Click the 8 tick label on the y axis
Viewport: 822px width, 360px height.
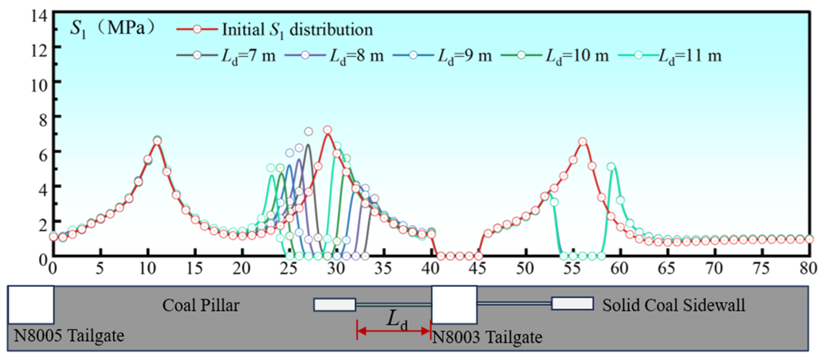[x=43, y=120]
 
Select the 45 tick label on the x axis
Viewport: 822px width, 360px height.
[x=478, y=268]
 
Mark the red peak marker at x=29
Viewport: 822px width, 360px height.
[x=327, y=130]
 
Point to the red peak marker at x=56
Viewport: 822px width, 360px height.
[x=583, y=142]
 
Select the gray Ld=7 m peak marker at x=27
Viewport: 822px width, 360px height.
[x=308, y=131]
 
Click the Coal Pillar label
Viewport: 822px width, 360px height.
[x=201, y=305]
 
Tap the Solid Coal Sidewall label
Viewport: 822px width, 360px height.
[x=674, y=305]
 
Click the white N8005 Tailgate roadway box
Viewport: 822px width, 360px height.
[x=31, y=305]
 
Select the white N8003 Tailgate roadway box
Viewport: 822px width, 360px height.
[x=454, y=305]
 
